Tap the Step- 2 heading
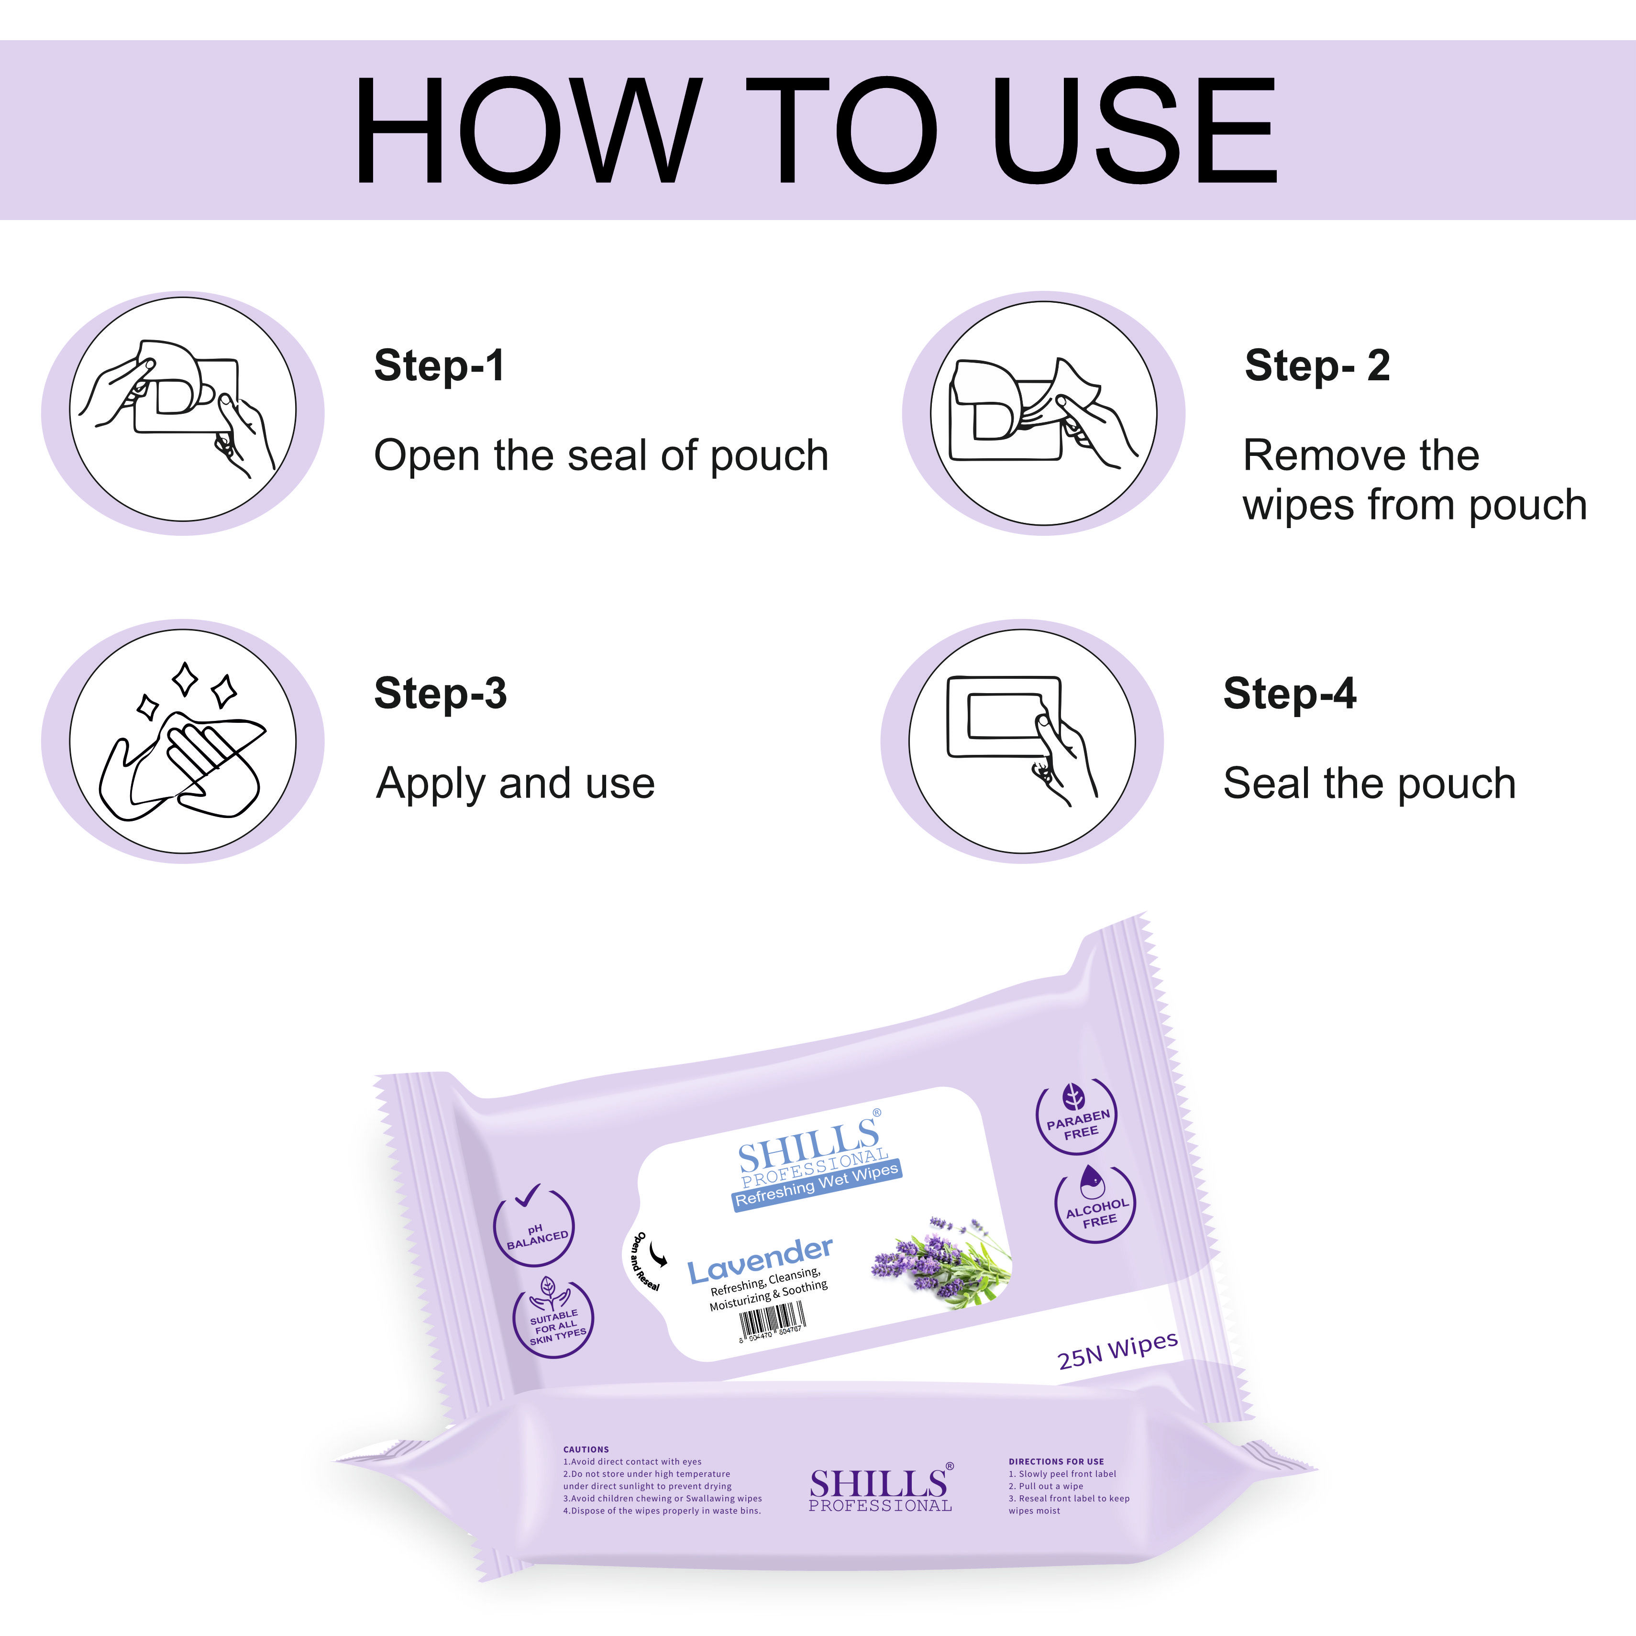pos(1317,366)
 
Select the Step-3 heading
pos(440,694)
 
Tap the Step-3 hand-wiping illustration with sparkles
pos(183,741)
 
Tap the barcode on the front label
pos(772,1320)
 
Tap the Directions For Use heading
pos(1056,1461)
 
